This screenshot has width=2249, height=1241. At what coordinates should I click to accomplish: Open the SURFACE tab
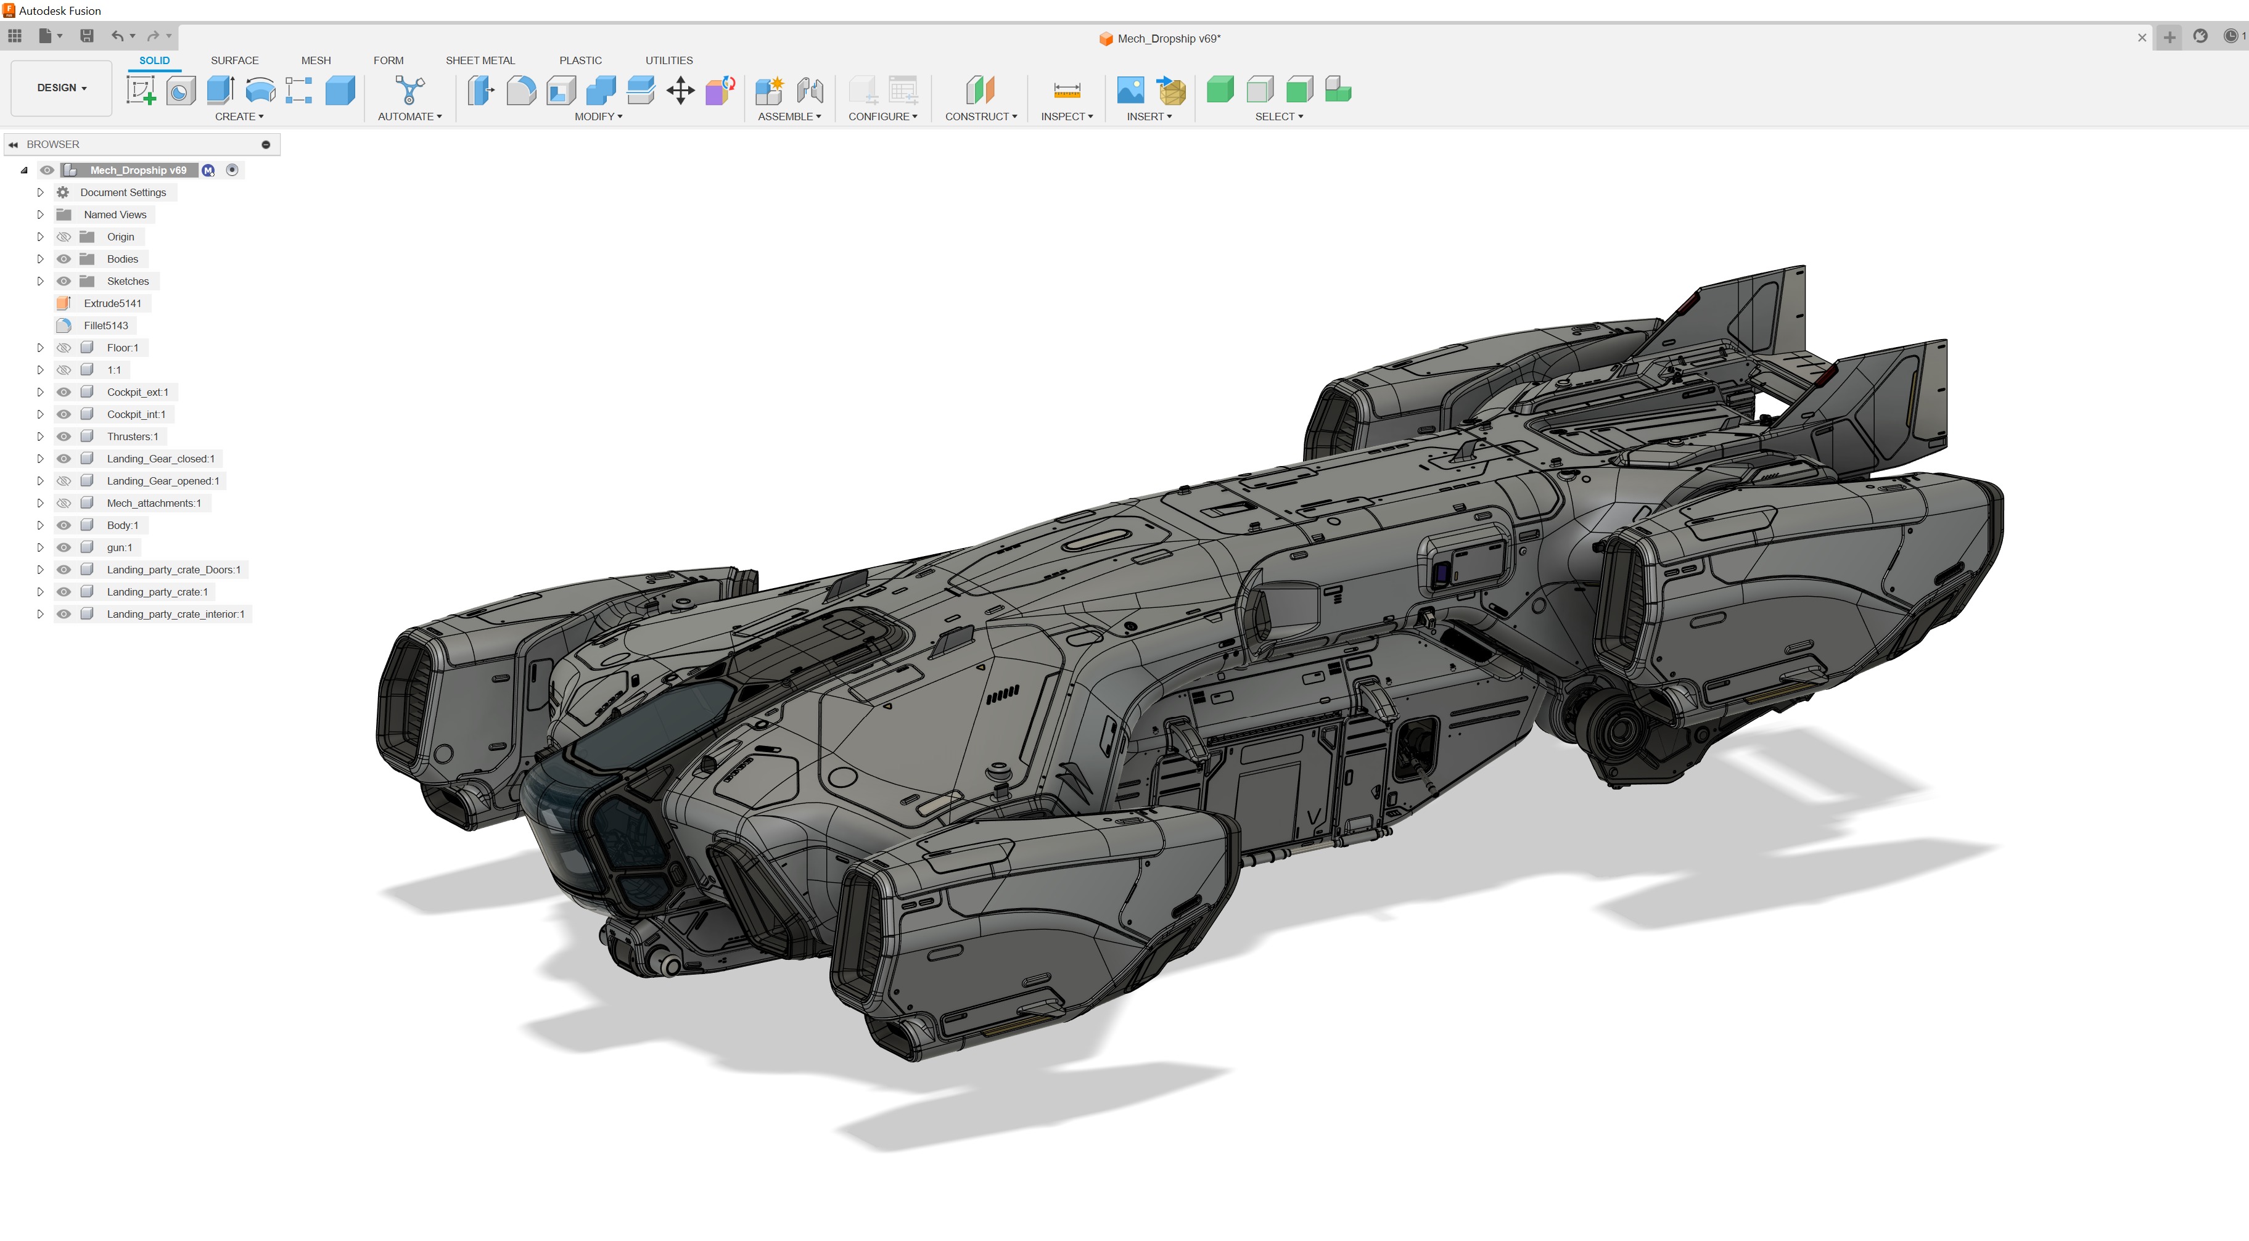pyautogui.click(x=234, y=60)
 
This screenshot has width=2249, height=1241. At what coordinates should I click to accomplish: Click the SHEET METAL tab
pyautogui.click(x=479, y=60)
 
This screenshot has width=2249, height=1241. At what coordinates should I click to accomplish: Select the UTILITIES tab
pyautogui.click(x=668, y=60)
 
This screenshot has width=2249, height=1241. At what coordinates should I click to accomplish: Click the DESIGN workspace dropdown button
pyautogui.click(x=61, y=88)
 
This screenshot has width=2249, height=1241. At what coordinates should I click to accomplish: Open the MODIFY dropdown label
pyautogui.click(x=597, y=116)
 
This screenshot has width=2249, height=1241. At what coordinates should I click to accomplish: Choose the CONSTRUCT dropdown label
pyautogui.click(x=979, y=116)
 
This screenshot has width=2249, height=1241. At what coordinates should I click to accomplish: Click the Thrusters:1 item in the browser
pyautogui.click(x=132, y=436)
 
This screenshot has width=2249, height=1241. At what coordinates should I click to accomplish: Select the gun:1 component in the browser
pyautogui.click(x=119, y=547)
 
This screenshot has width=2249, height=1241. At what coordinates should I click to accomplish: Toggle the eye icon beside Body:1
pyautogui.click(x=64, y=525)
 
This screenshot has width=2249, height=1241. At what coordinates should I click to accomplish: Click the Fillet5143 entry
pyautogui.click(x=105, y=326)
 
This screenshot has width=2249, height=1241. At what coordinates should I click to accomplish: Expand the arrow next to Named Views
pyautogui.click(x=40, y=215)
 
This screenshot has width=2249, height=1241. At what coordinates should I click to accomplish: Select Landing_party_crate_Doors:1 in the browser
pyautogui.click(x=173, y=570)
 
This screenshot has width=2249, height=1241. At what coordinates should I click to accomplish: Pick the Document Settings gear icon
pyautogui.click(x=63, y=192)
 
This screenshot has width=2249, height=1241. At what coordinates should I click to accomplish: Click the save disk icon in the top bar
pyautogui.click(x=86, y=36)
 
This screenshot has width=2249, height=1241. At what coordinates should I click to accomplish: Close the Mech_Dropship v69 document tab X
pyautogui.click(x=2140, y=38)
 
